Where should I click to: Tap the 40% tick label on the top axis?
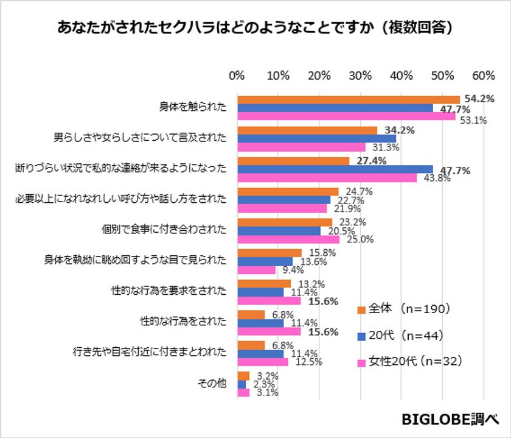pos(401,76)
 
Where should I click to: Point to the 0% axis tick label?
pos(237,76)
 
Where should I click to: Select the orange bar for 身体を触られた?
pos(348,99)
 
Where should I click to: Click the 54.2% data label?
pos(479,99)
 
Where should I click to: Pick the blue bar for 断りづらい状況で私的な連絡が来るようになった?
pos(335,169)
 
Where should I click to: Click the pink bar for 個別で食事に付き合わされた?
pos(288,239)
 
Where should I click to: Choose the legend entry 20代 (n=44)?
pos(405,336)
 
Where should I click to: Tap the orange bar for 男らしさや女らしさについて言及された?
pos(307,130)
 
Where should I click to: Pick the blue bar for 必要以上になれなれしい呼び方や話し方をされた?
pos(283,200)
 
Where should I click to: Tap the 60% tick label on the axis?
pos(483,76)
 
